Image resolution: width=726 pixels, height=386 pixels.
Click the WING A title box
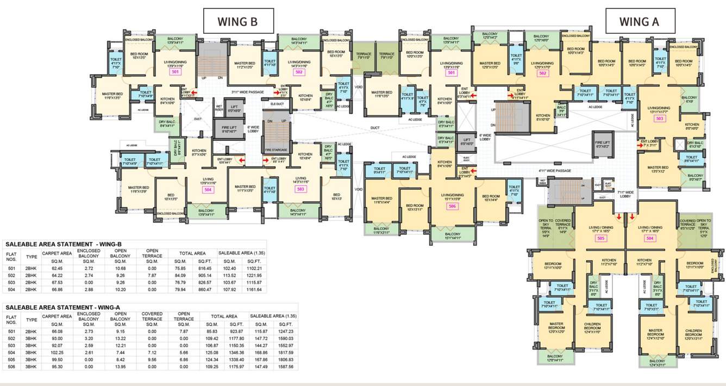click(640, 22)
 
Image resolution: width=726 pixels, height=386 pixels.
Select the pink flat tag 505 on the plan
click(600, 238)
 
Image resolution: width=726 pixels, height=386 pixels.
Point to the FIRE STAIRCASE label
click(276, 150)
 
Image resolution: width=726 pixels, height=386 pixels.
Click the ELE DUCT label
click(276, 103)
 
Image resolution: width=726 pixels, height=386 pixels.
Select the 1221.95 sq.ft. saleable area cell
click(254, 275)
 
